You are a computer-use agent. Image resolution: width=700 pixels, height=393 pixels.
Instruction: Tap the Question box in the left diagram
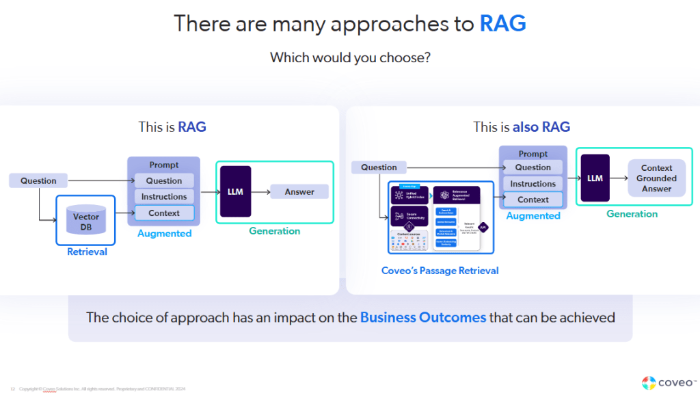pos(38,180)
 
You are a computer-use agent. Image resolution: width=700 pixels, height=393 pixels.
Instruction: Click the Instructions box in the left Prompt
pos(164,197)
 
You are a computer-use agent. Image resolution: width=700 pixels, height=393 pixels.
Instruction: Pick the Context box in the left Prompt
pos(164,213)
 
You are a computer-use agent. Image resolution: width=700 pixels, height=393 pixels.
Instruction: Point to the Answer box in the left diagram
pos(299,192)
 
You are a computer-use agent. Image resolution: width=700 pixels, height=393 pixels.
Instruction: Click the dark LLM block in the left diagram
pos(235,192)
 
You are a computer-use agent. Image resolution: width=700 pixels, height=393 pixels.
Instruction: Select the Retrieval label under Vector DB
pos(87,252)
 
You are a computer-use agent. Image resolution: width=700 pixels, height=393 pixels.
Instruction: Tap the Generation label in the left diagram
pos(274,231)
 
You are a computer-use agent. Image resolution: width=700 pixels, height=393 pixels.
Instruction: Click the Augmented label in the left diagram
pos(164,234)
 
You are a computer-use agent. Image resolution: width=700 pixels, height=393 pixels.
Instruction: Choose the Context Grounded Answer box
pos(656,178)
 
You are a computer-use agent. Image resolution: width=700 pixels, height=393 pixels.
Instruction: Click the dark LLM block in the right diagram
pos(595,178)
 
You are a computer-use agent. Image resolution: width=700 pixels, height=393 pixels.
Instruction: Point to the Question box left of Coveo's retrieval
pos(379,167)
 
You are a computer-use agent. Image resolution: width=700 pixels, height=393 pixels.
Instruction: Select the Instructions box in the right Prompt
pos(533,184)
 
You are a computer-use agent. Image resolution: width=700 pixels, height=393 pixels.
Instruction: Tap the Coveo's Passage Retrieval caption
pos(440,271)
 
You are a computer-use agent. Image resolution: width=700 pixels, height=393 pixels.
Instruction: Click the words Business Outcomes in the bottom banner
pos(423,317)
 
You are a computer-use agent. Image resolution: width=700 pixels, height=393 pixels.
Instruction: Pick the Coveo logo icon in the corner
pos(649,382)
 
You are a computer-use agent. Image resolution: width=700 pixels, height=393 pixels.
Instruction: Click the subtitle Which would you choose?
pos(350,57)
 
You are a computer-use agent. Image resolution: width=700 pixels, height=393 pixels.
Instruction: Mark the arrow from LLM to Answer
pos(260,192)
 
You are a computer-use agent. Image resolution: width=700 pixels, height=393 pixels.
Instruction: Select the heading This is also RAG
pos(522,127)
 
